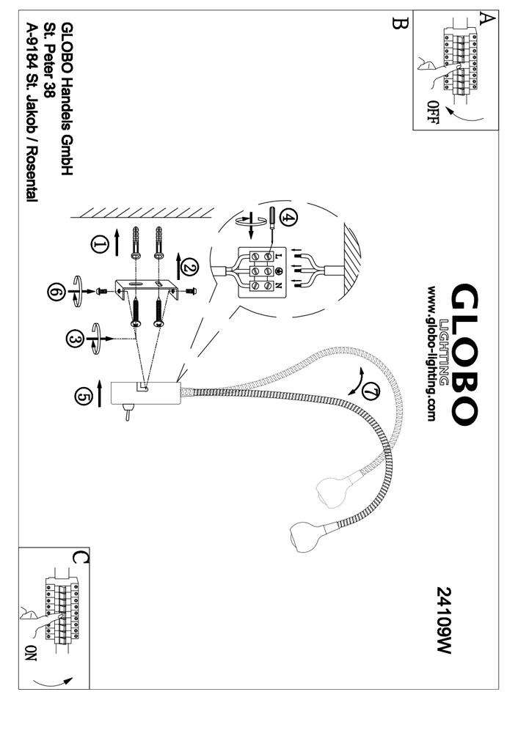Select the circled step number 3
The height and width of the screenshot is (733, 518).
[74, 339]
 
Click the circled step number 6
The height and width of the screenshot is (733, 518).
[56, 291]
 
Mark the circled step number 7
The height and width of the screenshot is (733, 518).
[371, 392]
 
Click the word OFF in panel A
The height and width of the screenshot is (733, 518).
[433, 112]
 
